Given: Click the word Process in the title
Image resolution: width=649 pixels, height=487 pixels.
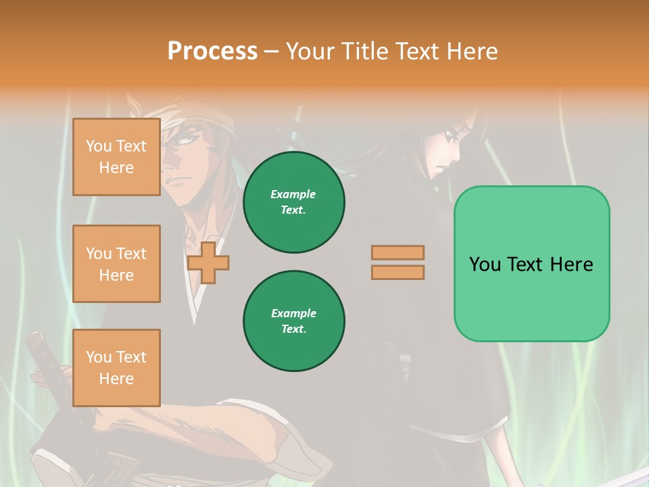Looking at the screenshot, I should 212,51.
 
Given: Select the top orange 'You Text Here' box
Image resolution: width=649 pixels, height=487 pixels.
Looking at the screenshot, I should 116,157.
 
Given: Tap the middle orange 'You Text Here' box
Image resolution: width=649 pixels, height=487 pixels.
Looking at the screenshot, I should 116,264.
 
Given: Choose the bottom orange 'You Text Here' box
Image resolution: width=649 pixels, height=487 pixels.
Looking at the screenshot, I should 116,368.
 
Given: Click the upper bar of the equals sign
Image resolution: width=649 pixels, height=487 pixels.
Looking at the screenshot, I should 398,253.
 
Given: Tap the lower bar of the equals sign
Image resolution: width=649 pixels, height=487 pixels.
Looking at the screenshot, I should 398,273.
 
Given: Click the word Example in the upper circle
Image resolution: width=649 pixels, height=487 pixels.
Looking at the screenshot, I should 293,194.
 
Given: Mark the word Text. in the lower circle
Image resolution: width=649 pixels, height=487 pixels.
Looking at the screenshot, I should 293,329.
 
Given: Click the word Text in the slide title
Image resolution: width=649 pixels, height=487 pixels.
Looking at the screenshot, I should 418,51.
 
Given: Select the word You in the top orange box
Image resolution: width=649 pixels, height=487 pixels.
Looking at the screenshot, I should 99,146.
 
